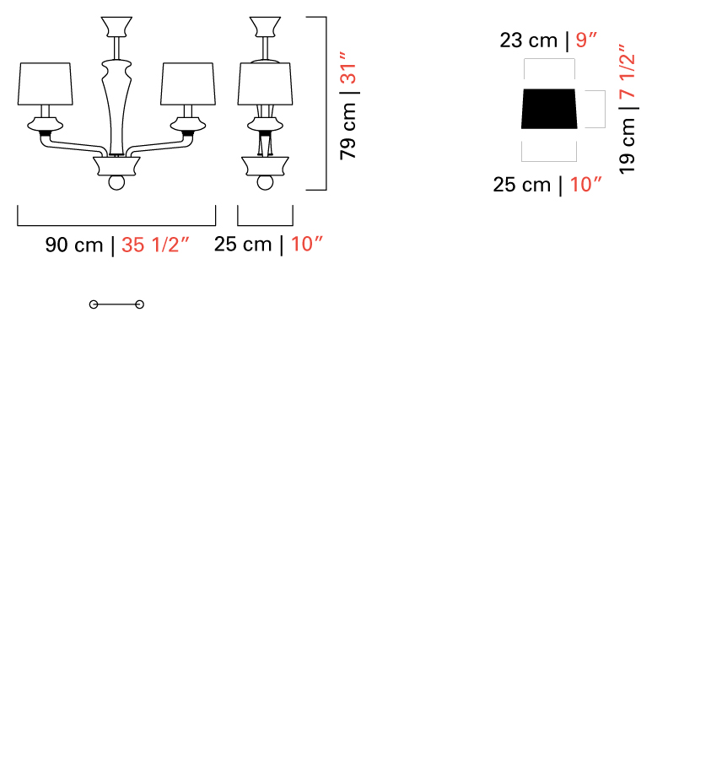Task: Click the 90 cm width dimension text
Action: (x=74, y=245)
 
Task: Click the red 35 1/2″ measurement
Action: (x=155, y=245)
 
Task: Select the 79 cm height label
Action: (x=348, y=132)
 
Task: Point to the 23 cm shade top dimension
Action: (x=529, y=40)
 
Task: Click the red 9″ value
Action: (x=586, y=40)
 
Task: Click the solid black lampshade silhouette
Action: (x=549, y=109)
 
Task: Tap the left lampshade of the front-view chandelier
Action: (x=45, y=83)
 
